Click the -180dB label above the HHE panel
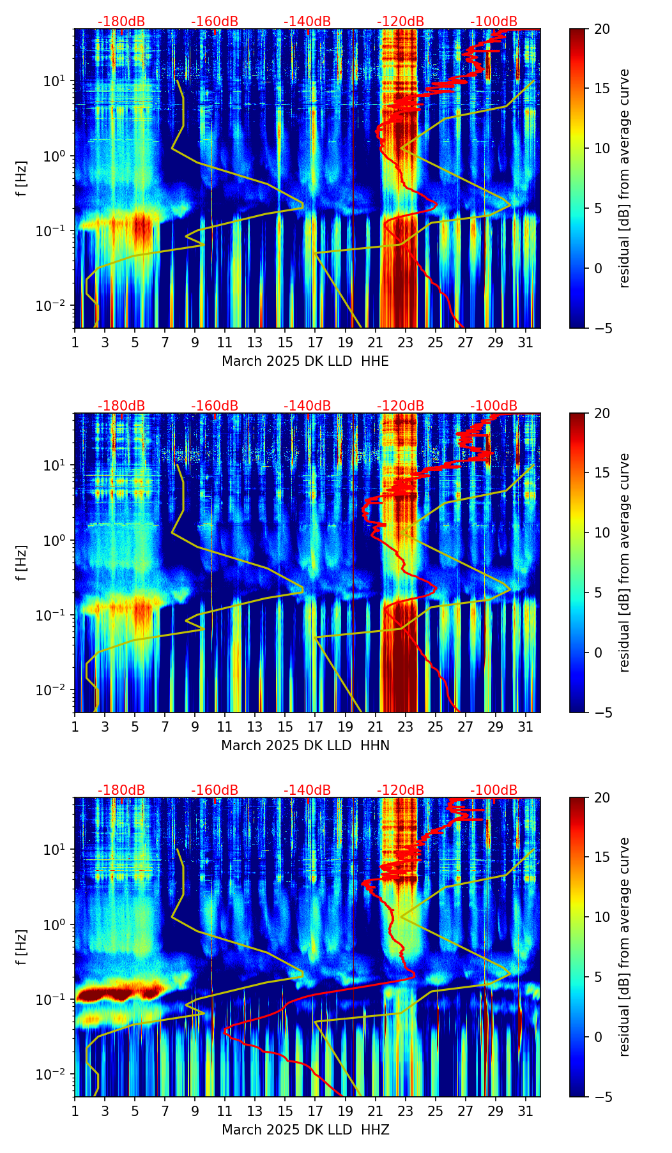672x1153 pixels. pos(121,22)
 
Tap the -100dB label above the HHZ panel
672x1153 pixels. pos(494,790)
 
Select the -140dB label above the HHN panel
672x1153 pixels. pos(307,406)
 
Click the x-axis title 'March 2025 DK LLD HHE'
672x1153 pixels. pos(305,361)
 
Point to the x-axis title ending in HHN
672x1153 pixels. pos(305,746)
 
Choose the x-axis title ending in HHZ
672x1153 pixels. pos(305,1130)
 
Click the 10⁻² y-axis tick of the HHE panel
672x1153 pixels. pos(56,306)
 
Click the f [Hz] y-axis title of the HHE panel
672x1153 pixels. pos(22,178)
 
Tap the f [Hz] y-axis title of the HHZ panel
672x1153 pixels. pos(22,947)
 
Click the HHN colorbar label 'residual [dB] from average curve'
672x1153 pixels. pos(624,562)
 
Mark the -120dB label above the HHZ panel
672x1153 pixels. pos(401,790)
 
